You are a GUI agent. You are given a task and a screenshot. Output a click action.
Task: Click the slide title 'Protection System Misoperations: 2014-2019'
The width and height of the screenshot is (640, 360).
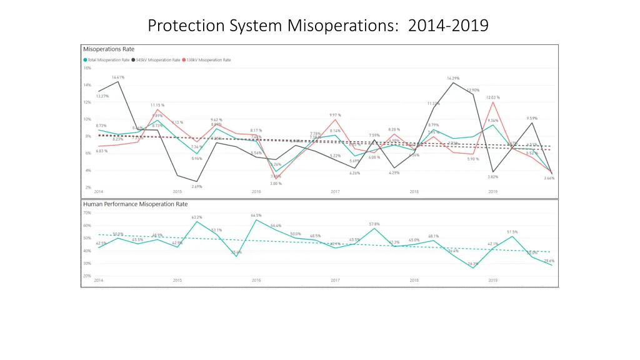click(x=319, y=26)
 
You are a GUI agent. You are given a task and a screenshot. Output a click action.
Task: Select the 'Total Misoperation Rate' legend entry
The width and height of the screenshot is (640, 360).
click(x=107, y=60)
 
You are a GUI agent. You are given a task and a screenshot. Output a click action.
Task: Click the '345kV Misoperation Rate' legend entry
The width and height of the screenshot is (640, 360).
click(x=157, y=60)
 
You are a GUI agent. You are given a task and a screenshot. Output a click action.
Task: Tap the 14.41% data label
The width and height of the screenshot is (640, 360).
click(x=118, y=77)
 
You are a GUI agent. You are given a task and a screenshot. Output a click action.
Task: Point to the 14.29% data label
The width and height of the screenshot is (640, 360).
click(x=453, y=78)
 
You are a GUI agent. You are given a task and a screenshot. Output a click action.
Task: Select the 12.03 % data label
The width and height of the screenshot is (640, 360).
click(x=493, y=97)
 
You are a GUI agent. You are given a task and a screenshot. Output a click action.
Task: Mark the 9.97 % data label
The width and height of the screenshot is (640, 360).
click(x=336, y=115)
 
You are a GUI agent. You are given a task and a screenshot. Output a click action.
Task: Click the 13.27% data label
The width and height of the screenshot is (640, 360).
click(x=102, y=96)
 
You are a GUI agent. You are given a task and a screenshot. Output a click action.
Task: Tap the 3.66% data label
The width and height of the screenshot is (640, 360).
click(x=549, y=178)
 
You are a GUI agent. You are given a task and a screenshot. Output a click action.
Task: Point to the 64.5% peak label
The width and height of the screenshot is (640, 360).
click(x=256, y=215)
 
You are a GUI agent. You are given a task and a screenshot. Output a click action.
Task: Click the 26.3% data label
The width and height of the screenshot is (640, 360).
click(x=473, y=264)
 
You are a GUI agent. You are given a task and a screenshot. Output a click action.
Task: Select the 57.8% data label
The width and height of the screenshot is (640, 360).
click(x=374, y=224)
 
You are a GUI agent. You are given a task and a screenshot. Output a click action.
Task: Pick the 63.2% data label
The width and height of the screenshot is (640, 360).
click(x=197, y=217)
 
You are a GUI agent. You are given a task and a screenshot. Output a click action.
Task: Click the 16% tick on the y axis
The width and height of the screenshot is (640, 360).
click(x=87, y=68)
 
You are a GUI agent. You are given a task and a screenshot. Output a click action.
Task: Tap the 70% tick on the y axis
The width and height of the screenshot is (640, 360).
click(x=87, y=212)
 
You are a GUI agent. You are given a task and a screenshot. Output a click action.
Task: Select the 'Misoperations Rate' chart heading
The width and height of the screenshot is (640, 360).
click(x=109, y=49)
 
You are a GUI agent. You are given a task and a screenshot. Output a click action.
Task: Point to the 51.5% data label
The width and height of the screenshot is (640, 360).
click(x=512, y=232)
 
